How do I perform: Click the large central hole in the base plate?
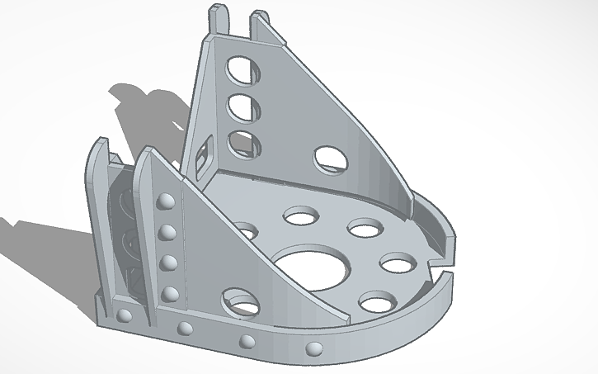coord(312,267)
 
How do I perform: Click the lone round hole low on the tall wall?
coord(330,159)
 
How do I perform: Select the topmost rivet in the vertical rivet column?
coord(163,201)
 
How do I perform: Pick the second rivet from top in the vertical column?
coord(167,232)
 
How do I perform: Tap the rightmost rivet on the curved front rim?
coord(314,348)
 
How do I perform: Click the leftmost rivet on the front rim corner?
coord(125,317)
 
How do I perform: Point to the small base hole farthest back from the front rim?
coord(301,217)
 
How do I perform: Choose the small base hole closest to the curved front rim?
coord(376,302)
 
